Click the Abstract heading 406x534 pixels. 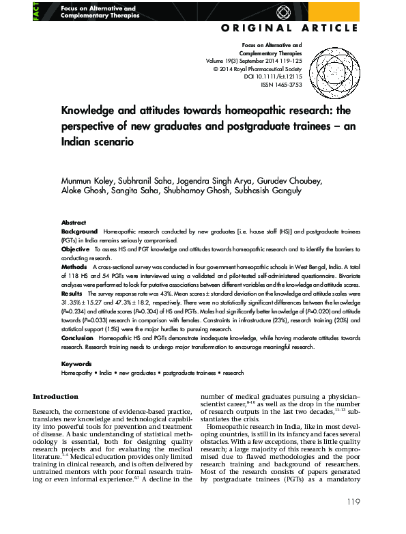tap(74, 223)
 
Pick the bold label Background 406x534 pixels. tap(79, 232)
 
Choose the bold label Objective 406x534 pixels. tap(76, 250)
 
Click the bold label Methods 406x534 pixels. tap(74, 268)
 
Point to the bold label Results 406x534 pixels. tap(73, 294)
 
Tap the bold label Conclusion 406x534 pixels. tap(77, 338)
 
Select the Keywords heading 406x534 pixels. tap(76, 365)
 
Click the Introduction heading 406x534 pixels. tap(56, 397)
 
